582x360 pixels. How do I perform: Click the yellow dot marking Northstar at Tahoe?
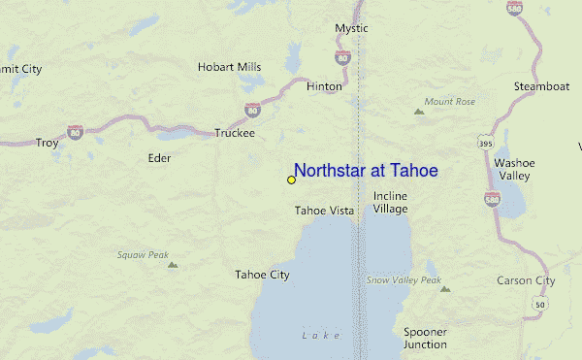click(x=291, y=180)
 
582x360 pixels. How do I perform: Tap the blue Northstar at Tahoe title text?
click(x=366, y=171)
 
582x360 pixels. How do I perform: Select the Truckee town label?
click(x=234, y=133)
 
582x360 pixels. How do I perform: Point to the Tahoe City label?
click(x=262, y=275)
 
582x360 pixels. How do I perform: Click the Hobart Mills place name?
click(x=229, y=67)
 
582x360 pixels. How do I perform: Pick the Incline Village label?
click(x=391, y=202)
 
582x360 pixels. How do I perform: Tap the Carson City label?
click(x=526, y=280)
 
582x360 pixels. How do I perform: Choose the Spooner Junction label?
click(x=425, y=338)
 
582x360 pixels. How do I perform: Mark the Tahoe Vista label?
click(x=324, y=210)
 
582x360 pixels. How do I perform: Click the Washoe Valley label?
click(x=514, y=169)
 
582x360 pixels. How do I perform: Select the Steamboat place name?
click(x=541, y=86)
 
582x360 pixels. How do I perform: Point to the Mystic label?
click(x=351, y=28)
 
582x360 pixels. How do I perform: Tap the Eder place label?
click(x=158, y=157)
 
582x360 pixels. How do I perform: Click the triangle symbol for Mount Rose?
click(x=419, y=112)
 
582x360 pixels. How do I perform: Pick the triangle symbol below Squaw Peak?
click(x=172, y=264)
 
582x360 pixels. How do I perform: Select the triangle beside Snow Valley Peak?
click(x=445, y=288)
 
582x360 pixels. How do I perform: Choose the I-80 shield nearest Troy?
click(x=75, y=129)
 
